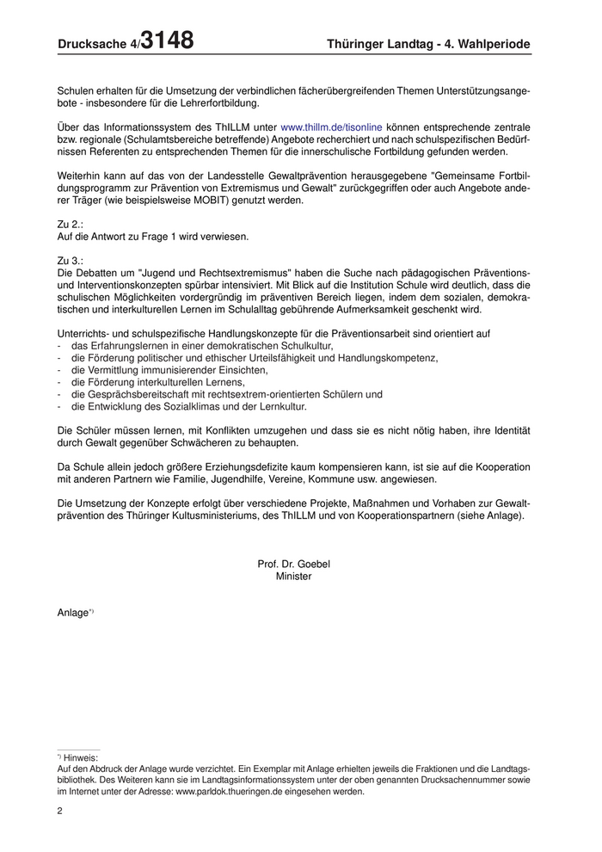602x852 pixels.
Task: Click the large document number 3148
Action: tap(167, 40)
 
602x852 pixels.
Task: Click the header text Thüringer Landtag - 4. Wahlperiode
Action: tap(428, 44)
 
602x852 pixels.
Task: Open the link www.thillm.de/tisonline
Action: tap(331, 127)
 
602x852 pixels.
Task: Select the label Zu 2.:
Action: tap(70, 224)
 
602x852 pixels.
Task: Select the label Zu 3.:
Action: tap(70, 260)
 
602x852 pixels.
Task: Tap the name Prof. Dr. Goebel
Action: tap(293, 565)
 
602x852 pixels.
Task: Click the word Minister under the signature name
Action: tap(293, 577)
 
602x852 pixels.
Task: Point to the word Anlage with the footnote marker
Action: tap(73, 613)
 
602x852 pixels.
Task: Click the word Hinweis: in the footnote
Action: tap(81, 757)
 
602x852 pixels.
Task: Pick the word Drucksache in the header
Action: tap(91, 44)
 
